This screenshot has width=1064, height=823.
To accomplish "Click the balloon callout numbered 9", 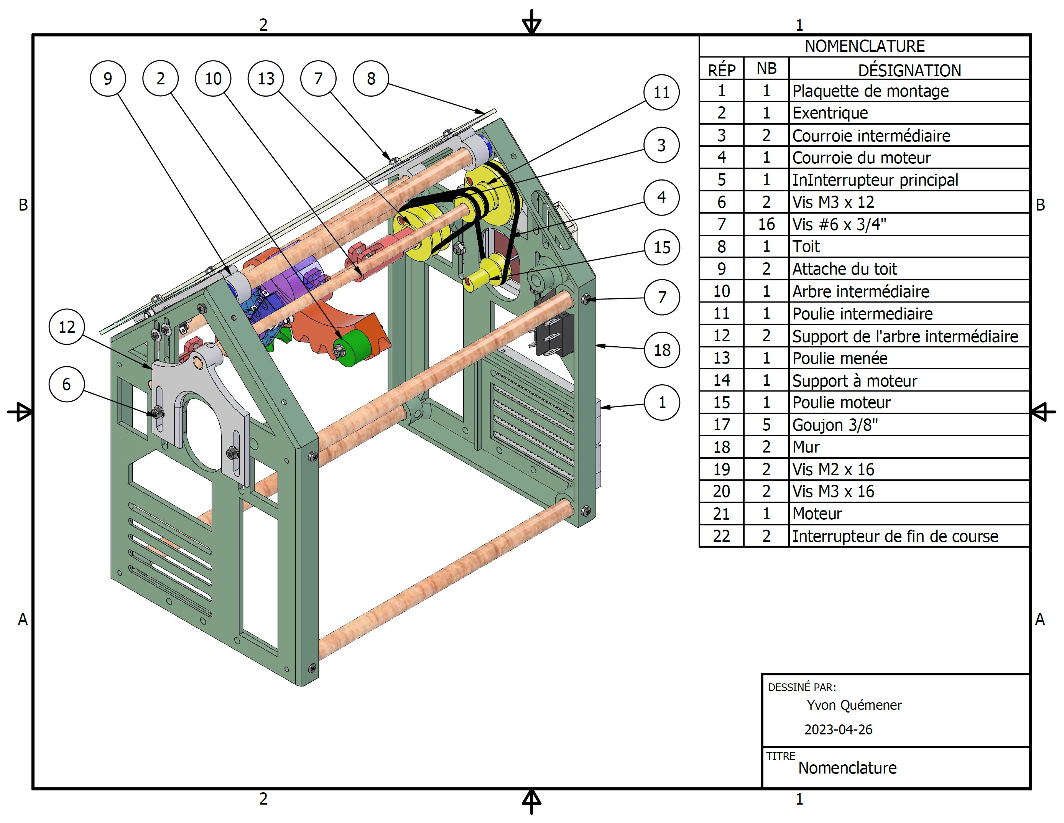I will point(108,79).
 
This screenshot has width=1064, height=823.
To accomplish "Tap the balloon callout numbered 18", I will point(661,350).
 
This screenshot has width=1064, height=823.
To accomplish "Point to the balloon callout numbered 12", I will point(67,327).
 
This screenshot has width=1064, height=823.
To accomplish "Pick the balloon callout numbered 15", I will point(661,247).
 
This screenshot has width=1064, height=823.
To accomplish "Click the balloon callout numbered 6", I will point(67,384).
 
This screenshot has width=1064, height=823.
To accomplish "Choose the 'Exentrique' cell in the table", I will point(830,113).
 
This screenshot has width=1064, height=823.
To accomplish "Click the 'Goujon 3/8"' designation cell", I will point(835,425).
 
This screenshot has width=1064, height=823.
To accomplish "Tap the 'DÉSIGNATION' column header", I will point(909,70).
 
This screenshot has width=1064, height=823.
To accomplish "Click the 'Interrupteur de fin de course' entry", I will point(895,536).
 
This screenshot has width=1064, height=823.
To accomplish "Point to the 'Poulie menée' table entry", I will point(839,358).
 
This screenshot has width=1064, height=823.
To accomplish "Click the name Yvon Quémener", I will point(854,705).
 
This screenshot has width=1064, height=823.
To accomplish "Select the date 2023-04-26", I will point(838,729).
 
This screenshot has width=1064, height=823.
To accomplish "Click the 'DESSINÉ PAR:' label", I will point(801,687).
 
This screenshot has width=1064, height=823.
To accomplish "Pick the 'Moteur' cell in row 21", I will point(817,514).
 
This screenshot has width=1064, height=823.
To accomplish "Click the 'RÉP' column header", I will point(722,70).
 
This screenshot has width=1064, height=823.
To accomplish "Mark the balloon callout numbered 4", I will point(661,198).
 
